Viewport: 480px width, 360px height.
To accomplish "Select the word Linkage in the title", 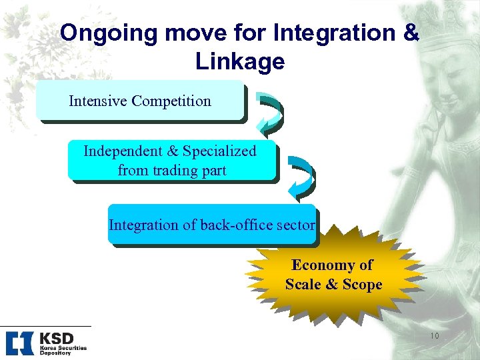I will (x=240, y=61).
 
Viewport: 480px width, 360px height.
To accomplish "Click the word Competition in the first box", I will (x=171, y=101).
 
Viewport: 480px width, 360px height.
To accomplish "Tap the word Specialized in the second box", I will (x=219, y=151).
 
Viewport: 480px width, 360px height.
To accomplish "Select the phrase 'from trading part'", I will (x=172, y=171).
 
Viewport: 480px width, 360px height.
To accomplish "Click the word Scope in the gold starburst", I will (x=362, y=285).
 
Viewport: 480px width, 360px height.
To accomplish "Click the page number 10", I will (x=434, y=337).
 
